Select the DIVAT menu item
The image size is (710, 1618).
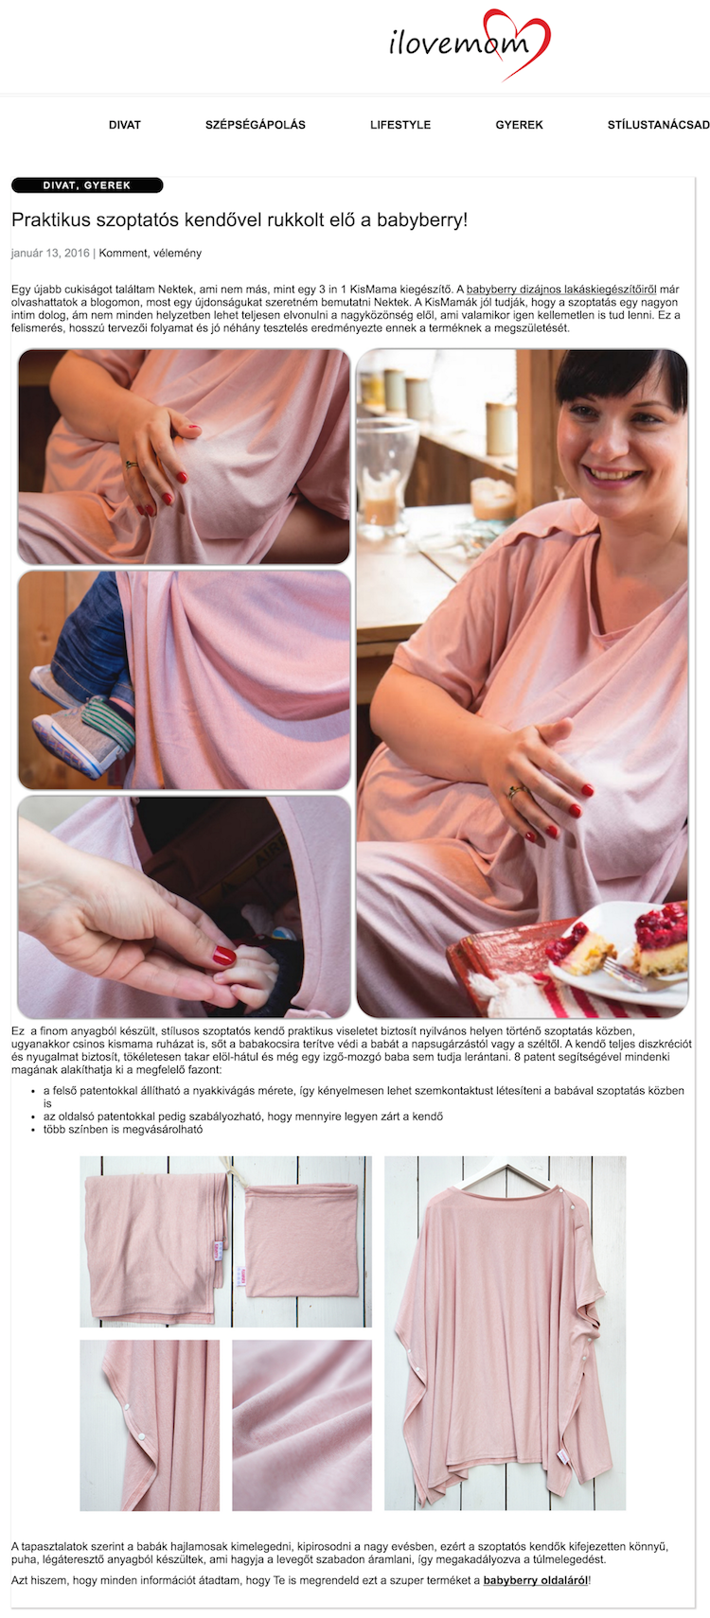tap(124, 125)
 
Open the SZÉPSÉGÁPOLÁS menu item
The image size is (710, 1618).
tap(256, 125)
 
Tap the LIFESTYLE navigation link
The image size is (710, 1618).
tap(400, 125)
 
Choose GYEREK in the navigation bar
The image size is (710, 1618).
tap(519, 125)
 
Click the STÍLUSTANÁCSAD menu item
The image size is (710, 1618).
tap(659, 125)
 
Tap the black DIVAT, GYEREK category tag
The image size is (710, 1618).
tap(87, 185)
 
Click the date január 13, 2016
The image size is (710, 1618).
tap(50, 253)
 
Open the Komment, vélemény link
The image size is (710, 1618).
tap(151, 253)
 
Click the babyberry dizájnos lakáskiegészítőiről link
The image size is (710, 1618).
tap(561, 289)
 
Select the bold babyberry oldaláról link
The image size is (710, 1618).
tap(536, 1580)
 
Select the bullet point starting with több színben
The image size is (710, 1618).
tap(123, 1129)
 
